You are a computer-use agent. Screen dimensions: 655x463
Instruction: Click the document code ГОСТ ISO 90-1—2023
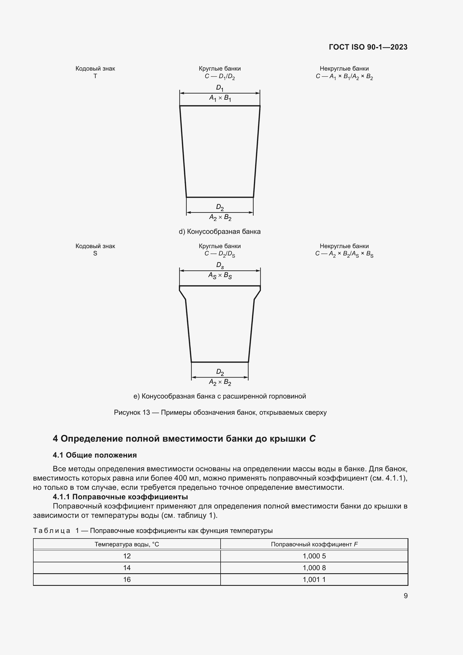(x=368, y=47)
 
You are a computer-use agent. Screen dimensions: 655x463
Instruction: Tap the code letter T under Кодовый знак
(x=95, y=76)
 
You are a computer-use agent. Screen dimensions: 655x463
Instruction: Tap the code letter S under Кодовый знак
(x=95, y=253)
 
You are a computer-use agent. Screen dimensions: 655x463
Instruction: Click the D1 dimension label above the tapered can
(x=219, y=88)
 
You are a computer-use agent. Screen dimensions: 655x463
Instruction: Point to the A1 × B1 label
(x=220, y=98)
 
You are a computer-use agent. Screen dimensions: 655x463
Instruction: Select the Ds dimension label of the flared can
(x=220, y=265)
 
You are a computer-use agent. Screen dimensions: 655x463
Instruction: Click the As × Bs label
(x=220, y=276)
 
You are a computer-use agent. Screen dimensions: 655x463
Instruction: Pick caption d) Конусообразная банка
(x=219, y=232)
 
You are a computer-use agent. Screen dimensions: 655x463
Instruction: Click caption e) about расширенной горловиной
(x=219, y=396)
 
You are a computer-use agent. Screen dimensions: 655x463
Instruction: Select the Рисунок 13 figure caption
(x=220, y=412)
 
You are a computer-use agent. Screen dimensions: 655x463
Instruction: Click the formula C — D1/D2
(x=219, y=76)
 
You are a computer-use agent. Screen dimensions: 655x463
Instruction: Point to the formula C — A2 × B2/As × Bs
(x=344, y=254)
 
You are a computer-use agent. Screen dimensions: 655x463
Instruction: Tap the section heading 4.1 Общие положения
(x=95, y=455)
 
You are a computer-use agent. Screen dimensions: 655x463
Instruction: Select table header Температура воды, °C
(x=127, y=544)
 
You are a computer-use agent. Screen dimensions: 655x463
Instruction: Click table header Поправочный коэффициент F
(x=314, y=544)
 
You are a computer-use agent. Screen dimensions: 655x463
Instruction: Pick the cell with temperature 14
(x=127, y=568)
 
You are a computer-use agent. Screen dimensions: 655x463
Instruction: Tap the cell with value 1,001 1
(x=314, y=579)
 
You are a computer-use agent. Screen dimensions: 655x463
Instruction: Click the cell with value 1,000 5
(x=314, y=556)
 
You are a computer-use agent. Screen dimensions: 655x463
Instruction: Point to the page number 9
(x=405, y=596)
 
